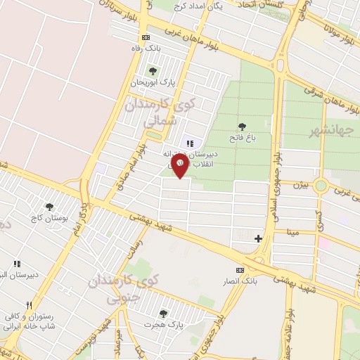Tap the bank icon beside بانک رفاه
[x=146, y=37]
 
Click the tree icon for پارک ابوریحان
[x=153, y=71]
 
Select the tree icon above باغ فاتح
[x=243, y=127]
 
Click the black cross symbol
[x=258, y=238]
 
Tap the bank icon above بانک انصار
[x=240, y=270]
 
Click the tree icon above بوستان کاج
[x=49, y=207]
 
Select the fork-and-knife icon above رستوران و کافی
[x=29, y=306]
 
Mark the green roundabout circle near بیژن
[x=321, y=186]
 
